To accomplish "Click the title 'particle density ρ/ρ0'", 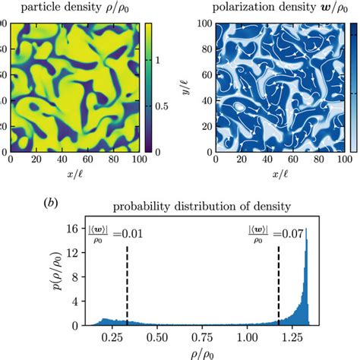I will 74,9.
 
